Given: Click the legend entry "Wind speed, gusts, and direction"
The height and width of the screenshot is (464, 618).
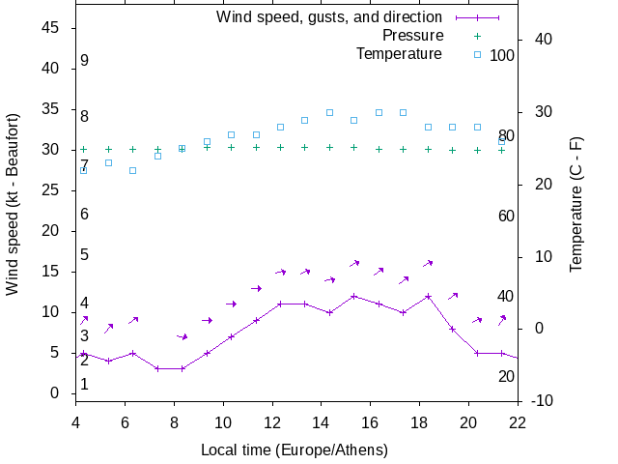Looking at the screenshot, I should click(x=329, y=17).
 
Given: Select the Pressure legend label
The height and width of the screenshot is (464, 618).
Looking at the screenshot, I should click(x=412, y=36).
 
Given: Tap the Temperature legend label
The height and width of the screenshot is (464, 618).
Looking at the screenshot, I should click(x=399, y=54).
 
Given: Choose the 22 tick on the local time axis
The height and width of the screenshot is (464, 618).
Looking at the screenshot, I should click(x=518, y=421).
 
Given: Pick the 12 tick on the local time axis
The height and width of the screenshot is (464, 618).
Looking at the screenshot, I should click(x=272, y=421).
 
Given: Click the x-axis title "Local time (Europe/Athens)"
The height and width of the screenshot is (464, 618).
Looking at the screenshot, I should click(x=295, y=450).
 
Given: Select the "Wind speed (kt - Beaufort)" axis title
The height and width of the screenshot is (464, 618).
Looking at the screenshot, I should click(x=13, y=215).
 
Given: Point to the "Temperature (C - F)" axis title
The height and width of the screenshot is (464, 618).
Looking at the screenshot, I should click(x=576, y=203).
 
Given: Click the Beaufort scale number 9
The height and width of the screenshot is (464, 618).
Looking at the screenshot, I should click(x=85, y=61).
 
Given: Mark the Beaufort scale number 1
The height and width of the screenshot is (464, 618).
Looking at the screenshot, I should click(x=85, y=385).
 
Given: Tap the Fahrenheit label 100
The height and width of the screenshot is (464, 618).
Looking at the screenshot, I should click(x=502, y=55).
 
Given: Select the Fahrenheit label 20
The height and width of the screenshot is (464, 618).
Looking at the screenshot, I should click(x=506, y=376).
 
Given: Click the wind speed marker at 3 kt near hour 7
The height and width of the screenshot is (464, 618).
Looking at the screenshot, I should click(x=157, y=368).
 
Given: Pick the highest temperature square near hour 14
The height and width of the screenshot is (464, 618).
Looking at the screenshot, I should click(x=329, y=112).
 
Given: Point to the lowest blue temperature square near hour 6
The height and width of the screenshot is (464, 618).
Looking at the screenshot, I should click(x=133, y=170).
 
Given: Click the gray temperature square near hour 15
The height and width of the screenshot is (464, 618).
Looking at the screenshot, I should click(x=353, y=120).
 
